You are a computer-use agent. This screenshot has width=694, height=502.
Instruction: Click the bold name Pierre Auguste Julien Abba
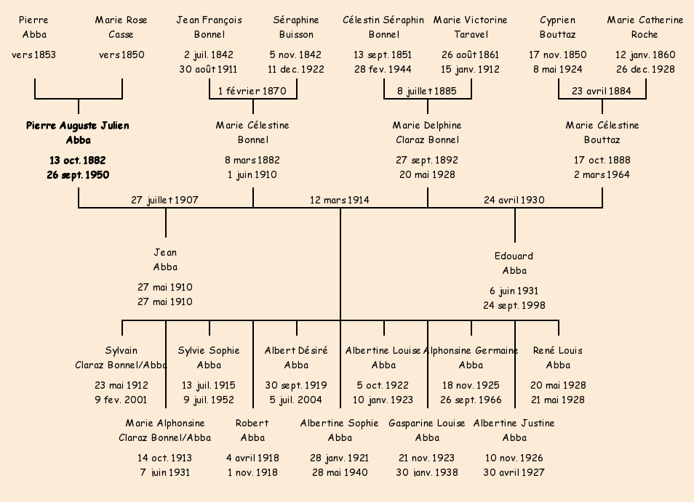[x=78, y=133]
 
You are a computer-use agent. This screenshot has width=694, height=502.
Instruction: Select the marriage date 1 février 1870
[x=252, y=91]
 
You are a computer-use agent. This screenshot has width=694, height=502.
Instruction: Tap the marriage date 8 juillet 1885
[x=427, y=91]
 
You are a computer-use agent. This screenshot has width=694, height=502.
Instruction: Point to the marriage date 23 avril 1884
[x=602, y=91]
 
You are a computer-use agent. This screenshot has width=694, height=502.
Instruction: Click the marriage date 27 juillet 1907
[x=164, y=200]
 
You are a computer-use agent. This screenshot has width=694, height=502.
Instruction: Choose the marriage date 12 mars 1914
[x=339, y=200]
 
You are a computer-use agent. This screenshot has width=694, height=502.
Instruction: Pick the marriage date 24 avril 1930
[x=514, y=200]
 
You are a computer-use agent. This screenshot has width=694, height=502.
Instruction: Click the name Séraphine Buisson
[x=296, y=27]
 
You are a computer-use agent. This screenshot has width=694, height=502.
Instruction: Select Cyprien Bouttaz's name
[x=558, y=27]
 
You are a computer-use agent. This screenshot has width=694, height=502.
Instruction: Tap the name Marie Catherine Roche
[x=645, y=27]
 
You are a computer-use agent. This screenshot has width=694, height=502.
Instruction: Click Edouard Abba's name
[x=514, y=263]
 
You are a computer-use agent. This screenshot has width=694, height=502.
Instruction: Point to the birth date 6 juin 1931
[x=514, y=291]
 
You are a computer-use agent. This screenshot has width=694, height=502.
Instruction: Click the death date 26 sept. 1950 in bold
[x=78, y=174]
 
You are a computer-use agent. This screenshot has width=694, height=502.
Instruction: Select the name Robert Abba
[x=252, y=430]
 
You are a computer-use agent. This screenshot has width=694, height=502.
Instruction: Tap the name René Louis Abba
[x=558, y=357]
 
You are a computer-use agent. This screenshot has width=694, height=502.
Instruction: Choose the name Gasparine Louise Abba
[x=427, y=430]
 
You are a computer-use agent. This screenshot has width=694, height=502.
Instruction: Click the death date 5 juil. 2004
[x=296, y=400]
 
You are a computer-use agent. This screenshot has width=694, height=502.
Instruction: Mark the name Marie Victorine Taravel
[x=471, y=27]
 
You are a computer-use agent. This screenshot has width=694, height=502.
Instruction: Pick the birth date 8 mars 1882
[x=252, y=160]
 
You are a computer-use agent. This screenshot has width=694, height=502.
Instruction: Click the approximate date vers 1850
[x=121, y=54]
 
